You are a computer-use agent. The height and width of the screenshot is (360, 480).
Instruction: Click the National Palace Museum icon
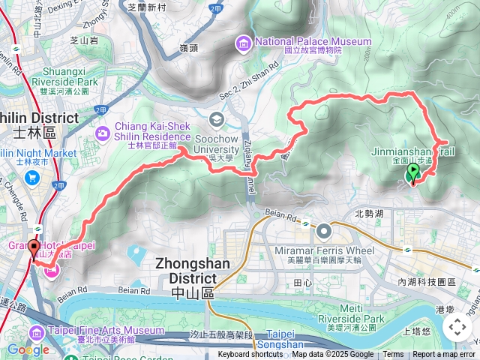243,44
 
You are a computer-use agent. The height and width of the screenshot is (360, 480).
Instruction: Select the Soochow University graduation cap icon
217,118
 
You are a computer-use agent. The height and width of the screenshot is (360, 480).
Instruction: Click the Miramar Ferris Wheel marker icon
325,231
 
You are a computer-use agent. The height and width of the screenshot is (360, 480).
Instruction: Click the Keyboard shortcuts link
250,355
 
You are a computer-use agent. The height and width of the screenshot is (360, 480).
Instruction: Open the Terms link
393,355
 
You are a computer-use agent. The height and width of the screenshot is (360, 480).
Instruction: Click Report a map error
443,355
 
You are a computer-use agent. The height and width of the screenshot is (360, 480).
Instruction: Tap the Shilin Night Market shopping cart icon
32,177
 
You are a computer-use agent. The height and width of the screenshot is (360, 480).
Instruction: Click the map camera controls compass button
457,327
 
